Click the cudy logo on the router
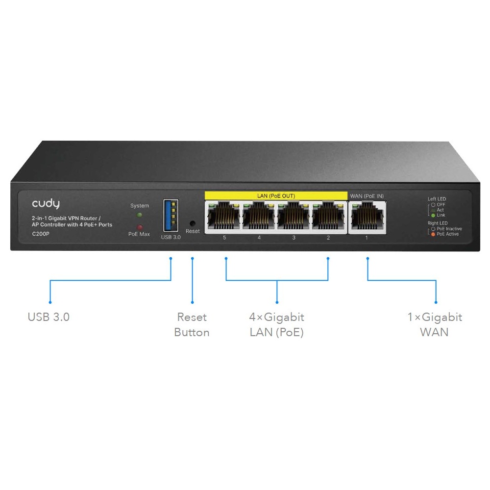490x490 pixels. tap(46, 204)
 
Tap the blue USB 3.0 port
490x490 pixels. tap(171, 215)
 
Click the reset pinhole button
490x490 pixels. tap(193, 223)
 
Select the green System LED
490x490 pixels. tap(139, 215)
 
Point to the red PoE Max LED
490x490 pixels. tap(139, 227)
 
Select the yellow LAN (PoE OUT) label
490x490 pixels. tap(276, 196)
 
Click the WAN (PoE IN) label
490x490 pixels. tap(367, 196)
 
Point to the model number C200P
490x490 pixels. tap(41, 234)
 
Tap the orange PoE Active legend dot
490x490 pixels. tap(433, 234)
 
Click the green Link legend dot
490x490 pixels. tap(433, 215)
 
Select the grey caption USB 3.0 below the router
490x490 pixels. tap(49, 317)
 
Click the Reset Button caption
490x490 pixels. tap(192, 325)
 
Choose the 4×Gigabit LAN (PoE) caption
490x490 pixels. tap(276, 325)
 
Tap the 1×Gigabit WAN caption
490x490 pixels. tap(435, 325)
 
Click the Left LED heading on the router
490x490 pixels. tap(437, 199)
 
